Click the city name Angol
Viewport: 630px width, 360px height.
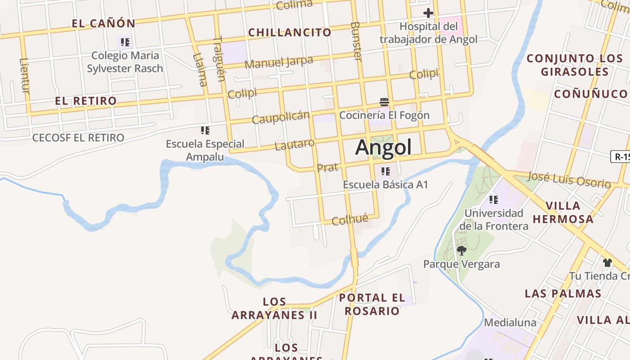tap(383, 147)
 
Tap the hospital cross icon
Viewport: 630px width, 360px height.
tap(428, 13)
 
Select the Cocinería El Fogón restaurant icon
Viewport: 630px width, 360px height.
tap(384, 102)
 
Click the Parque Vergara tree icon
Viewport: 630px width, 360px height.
tap(461, 250)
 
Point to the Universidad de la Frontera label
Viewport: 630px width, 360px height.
tap(494, 219)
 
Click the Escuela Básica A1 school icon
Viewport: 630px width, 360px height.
tap(385, 171)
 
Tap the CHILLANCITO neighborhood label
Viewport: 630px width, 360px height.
tap(290, 32)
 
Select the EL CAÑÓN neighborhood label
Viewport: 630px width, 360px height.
tap(103, 23)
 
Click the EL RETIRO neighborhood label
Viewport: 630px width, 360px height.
tap(86, 101)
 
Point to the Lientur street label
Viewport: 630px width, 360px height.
tap(25, 76)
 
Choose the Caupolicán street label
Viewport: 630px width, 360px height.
tap(281, 117)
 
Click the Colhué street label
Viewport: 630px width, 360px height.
tap(350, 220)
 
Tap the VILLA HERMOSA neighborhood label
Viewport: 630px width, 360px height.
tap(563, 212)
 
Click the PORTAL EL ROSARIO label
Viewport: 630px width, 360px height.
tap(372, 304)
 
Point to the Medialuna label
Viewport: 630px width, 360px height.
tap(510, 323)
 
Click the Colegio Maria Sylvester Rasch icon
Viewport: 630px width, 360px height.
tap(125, 42)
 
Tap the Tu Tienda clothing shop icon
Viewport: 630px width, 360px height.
tap(607, 262)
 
